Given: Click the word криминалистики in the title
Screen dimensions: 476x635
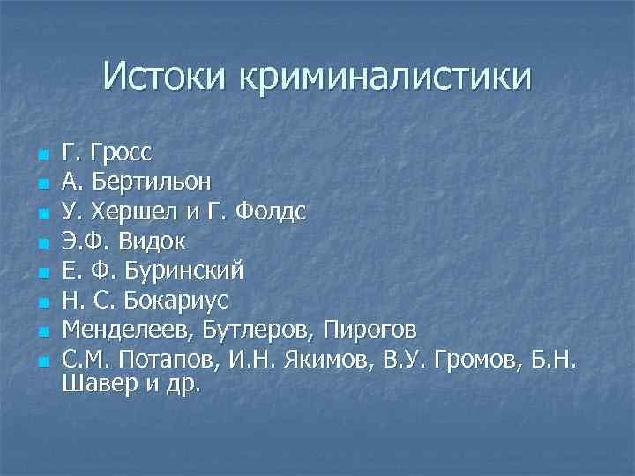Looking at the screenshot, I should pos(383,78).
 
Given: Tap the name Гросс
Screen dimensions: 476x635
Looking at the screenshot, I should pos(120,153).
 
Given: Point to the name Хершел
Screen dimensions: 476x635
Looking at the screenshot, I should pos(125,212).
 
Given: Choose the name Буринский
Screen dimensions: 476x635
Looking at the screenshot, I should pos(185,270).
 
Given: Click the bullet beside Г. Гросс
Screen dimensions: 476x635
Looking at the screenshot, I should pos(41,156).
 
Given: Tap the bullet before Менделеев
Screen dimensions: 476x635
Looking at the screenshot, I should pos(41,331).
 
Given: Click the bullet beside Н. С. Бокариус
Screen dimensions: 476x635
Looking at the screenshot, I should pos(41,302).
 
